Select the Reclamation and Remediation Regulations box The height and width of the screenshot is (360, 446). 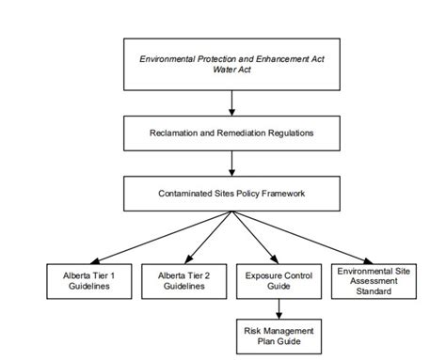231,133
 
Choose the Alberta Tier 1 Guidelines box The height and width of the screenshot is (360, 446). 88,280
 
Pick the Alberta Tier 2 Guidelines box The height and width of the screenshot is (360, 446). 184,280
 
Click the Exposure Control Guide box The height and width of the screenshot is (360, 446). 279,280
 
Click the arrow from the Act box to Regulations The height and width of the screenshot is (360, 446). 231,102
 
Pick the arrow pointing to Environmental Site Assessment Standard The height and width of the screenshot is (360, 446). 303,236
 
